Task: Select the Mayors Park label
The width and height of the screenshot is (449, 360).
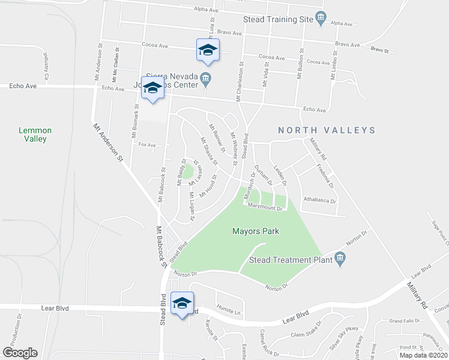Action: [x=256, y=231]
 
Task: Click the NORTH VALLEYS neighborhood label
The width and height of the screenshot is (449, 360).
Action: [x=327, y=130]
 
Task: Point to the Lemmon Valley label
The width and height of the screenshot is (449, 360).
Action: [x=35, y=134]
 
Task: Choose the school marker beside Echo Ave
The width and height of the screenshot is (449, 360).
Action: [x=152, y=89]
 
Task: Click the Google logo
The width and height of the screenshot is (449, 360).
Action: [x=19, y=353]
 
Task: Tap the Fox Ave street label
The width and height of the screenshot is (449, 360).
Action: [x=147, y=145]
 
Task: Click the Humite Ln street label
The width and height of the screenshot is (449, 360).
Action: [x=228, y=312]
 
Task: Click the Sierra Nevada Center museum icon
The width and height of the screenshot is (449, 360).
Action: [x=206, y=77]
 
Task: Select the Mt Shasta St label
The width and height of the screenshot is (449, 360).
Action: [x=208, y=152]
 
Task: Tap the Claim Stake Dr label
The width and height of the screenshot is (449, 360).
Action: [x=306, y=334]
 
